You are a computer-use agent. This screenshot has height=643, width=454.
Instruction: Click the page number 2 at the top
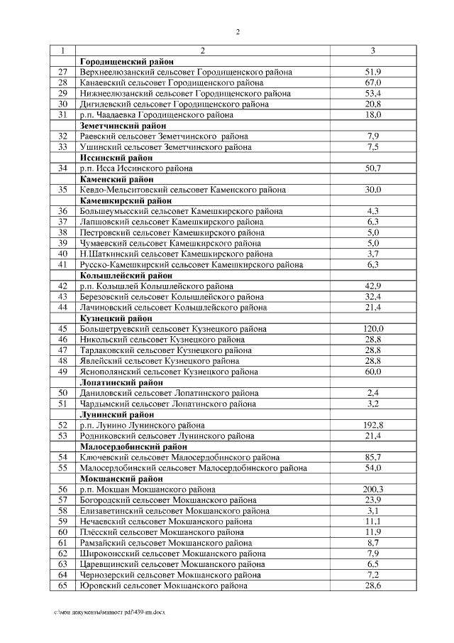(238, 32)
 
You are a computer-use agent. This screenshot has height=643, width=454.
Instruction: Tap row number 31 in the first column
(63, 115)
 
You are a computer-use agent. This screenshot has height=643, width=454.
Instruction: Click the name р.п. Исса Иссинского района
(135, 168)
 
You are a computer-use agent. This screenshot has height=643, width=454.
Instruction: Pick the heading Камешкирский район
(126, 201)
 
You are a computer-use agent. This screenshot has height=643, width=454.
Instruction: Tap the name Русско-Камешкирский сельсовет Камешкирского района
(192, 265)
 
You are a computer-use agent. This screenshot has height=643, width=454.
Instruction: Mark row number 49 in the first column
(63, 372)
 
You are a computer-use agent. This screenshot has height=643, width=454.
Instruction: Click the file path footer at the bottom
(109, 612)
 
